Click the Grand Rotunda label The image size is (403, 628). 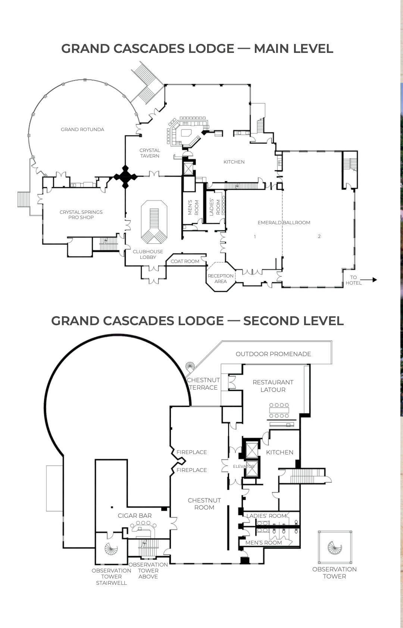(82, 130)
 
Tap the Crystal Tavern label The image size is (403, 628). (150, 153)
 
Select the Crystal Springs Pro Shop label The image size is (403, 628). (81, 215)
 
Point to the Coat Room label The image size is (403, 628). (185, 261)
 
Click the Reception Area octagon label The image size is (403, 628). (221, 279)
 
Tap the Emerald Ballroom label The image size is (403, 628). (284, 223)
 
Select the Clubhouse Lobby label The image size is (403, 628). (148, 254)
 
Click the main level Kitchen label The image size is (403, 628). (234, 162)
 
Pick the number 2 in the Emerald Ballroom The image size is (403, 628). (319, 237)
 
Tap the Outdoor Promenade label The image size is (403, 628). (273, 354)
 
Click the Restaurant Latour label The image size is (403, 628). (273, 386)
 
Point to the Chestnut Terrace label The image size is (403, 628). (203, 384)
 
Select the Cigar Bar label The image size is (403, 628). (135, 516)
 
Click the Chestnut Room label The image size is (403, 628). (204, 504)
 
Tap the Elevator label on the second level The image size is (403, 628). (244, 466)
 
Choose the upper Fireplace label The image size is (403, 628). (191, 452)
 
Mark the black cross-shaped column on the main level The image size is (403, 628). (125, 177)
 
